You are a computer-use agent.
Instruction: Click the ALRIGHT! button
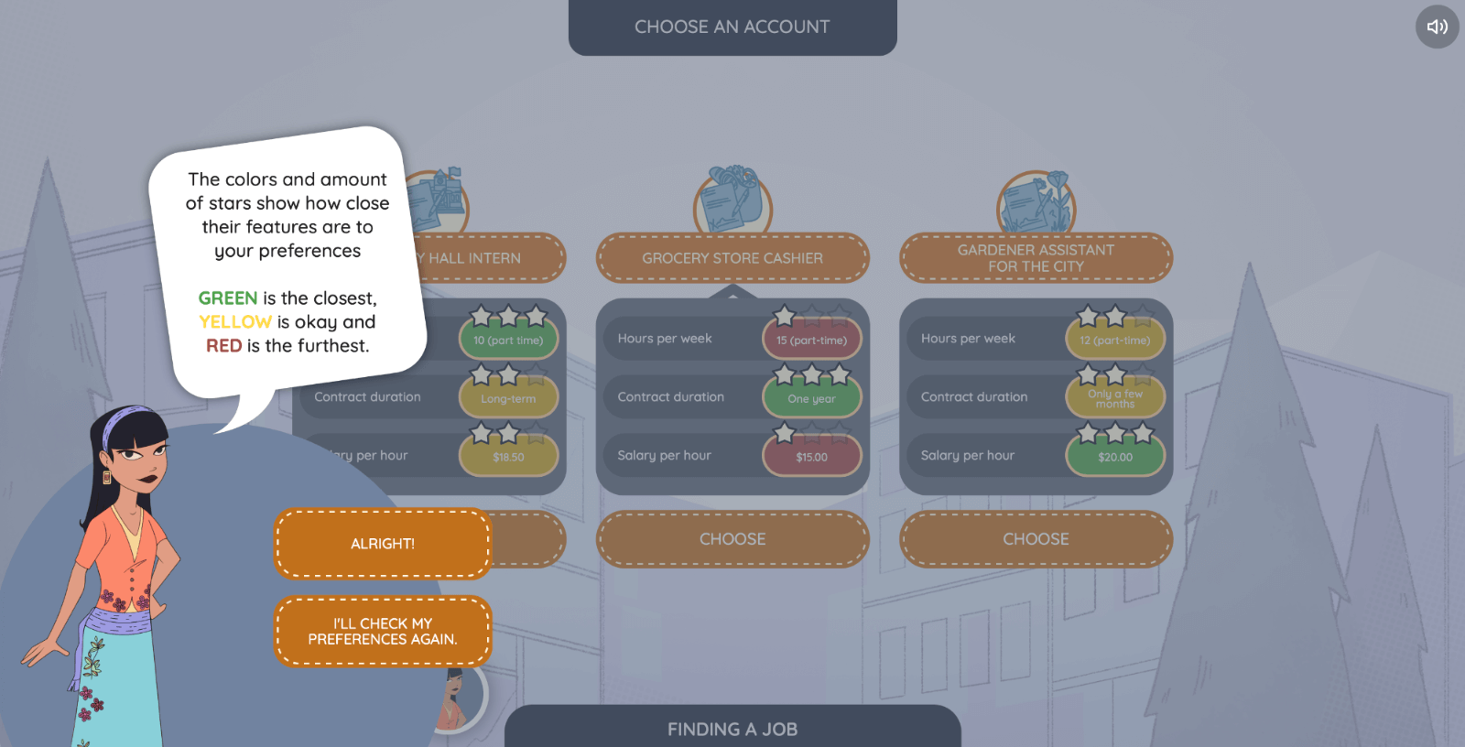(x=383, y=544)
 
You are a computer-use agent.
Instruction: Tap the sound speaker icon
(x=1437, y=27)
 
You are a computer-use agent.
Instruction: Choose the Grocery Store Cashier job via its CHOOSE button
(x=732, y=539)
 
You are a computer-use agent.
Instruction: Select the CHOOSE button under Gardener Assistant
(x=1036, y=539)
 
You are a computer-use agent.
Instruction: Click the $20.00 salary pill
(x=1114, y=457)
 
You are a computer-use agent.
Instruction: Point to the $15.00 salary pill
(x=811, y=457)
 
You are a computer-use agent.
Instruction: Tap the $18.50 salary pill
(x=508, y=457)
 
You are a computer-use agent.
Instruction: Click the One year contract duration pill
(x=811, y=398)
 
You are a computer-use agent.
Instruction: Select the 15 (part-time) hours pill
(x=811, y=341)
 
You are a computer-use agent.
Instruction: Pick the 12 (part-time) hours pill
(x=1114, y=341)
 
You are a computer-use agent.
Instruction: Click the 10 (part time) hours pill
(x=508, y=341)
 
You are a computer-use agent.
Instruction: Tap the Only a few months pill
(x=1114, y=398)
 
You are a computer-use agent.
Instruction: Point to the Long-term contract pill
(x=508, y=398)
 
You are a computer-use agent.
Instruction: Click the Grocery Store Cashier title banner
(x=732, y=258)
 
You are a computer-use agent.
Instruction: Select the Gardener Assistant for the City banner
(x=1036, y=258)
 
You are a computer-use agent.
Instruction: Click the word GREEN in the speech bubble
(x=228, y=298)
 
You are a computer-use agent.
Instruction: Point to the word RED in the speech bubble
(x=223, y=346)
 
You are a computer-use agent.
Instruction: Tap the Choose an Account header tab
(x=732, y=27)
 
